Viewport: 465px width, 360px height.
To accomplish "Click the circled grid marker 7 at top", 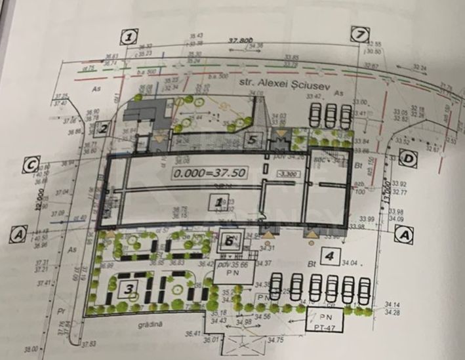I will click(x=358, y=35).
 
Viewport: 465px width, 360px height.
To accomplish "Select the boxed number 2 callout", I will click(x=104, y=129).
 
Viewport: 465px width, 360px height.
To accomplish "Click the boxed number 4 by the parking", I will click(x=330, y=255).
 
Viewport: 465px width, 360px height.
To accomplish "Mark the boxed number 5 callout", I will click(x=256, y=140).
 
